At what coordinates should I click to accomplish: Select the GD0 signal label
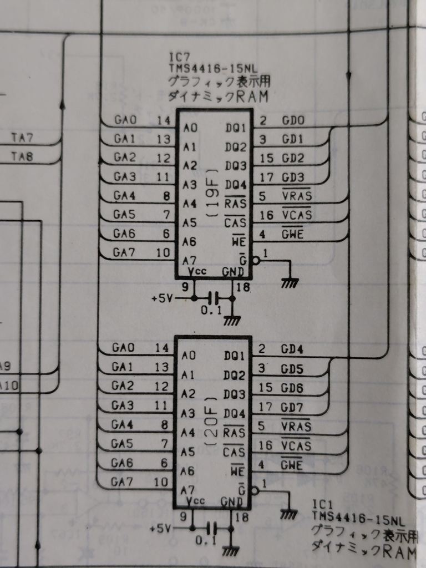(x=293, y=120)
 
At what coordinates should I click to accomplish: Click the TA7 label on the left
(x=22, y=136)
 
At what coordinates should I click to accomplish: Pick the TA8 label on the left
(x=22, y=157)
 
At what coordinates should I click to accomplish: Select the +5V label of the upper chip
(x=161, y=298)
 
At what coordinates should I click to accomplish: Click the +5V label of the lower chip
(x=160, y=529)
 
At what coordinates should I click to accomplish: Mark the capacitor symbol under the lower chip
(x=211, y=527)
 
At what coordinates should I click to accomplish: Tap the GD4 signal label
(x=292, y=349)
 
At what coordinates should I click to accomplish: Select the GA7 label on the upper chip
(x=124, y=252)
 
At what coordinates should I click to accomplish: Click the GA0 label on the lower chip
(x=123, y=348)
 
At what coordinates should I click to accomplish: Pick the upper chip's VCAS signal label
(x=297, y=214)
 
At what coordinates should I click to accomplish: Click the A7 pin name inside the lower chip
(x=188, y=490)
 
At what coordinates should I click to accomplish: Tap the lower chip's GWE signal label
(x=292, y=464)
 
